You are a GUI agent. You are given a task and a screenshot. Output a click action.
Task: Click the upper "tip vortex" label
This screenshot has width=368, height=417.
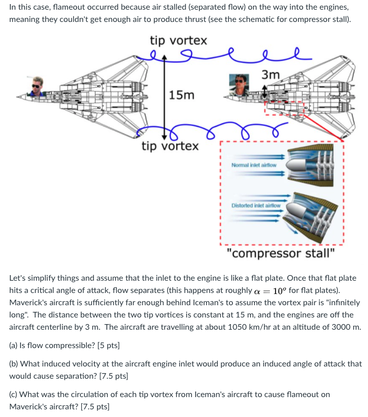(x=178, y=40)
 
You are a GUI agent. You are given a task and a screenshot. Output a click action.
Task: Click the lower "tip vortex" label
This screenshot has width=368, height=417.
(x=170, y=146)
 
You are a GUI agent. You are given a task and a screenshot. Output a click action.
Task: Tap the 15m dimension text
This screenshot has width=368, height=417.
(x=182, y=95)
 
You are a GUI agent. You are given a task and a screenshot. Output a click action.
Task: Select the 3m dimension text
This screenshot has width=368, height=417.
(x=270, y=75)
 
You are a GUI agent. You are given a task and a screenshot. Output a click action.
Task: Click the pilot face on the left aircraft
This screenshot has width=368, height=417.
(x=37, y=85)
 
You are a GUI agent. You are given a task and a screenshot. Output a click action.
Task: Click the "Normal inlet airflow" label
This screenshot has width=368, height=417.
(x=254, y=165)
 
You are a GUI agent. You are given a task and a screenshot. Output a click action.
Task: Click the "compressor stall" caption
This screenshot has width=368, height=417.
(x=281, y=253)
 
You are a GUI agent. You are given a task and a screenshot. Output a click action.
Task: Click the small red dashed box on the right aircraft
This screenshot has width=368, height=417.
(x=284, y=109)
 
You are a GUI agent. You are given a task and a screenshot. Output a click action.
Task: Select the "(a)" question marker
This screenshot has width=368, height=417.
(x=14, y=346)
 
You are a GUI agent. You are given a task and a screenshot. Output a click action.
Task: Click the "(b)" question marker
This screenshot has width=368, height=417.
(x=14, y=364)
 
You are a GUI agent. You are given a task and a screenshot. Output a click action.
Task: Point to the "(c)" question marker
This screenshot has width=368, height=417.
(x=14, y=394)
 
